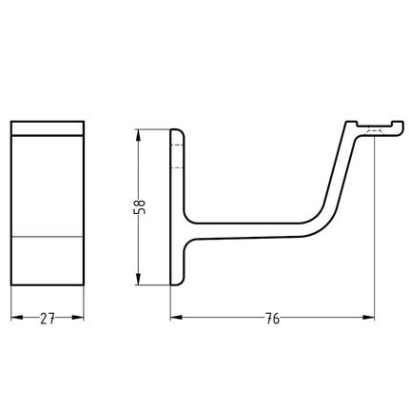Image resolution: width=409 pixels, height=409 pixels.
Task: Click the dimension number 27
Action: (x=48, y=321)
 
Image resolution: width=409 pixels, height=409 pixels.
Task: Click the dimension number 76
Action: (x=271, y=321)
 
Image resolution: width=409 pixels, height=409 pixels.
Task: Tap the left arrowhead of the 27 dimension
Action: (x=15, y=321)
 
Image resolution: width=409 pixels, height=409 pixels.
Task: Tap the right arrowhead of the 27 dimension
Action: (x=81, y=321)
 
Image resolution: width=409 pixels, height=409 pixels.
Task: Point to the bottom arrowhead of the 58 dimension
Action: (x=142, y=282)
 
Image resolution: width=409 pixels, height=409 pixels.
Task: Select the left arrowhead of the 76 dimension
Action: (x=176, y=321)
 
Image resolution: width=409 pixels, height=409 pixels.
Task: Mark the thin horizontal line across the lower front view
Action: (x=48, y=233)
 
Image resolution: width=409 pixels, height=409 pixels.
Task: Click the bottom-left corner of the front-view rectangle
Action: (x=11, y=283)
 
